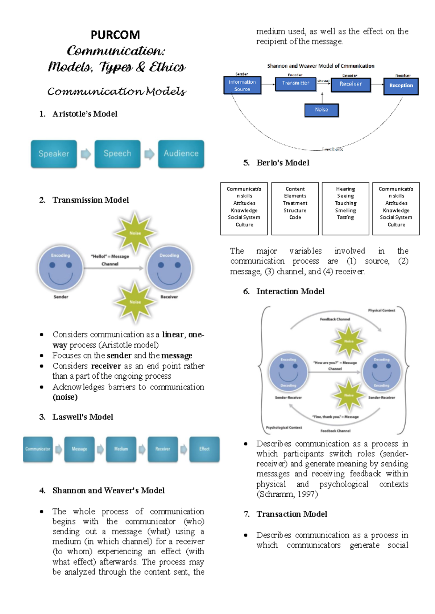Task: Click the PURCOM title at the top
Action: point(115,35)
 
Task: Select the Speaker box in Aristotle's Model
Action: point(54,153)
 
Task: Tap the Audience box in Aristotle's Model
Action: point(181,153)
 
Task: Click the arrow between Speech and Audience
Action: point(149,154)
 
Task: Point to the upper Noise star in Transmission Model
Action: point(135,233)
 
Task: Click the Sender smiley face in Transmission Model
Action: point(61,268)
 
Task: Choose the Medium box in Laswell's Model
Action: point(121,449)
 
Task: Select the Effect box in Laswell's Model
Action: point(204,449)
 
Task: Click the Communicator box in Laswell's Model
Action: point(38,449)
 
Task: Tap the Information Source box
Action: point(242,85)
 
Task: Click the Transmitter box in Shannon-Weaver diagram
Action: point(296,83)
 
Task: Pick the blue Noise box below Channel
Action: point(322,110)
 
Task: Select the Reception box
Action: point(401,86)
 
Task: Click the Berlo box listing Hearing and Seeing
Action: point(345,209)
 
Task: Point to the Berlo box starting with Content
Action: point(295,209)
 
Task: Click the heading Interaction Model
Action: point(290,291)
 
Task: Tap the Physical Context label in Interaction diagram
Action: point(381,310)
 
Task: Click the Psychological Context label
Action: point(284,428)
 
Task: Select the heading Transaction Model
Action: point(291,514)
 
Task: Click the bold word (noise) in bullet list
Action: point(65,397)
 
